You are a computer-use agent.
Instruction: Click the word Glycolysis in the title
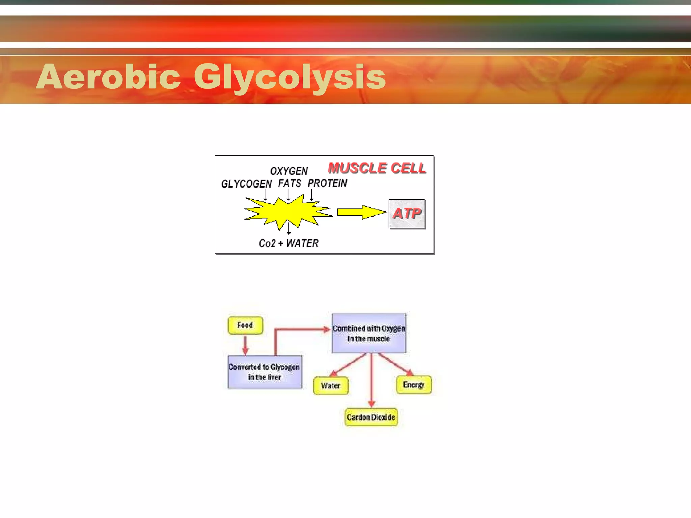coord(289,78)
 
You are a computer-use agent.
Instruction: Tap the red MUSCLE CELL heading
coord(377,168)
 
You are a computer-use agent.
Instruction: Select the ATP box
coord(407,213)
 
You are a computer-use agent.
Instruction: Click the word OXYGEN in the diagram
coord(289,171)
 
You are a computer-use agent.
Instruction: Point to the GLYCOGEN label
coord(246,184)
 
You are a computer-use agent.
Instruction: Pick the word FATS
coord(289,183)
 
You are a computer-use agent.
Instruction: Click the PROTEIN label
coord(327,183)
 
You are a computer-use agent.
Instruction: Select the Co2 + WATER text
coord(288,243)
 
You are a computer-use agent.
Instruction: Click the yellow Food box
coord(245,325)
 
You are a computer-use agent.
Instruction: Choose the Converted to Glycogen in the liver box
coord(265,372)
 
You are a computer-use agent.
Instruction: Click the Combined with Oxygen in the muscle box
coord(368,333)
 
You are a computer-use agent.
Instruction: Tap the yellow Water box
coord(331,386)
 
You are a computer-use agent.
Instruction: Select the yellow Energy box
coord(413,385)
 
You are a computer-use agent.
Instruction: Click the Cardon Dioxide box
coord(371,417)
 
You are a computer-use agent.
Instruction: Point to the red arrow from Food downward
coord(245,345)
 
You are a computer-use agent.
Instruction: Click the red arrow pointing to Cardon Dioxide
coord(371,381)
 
